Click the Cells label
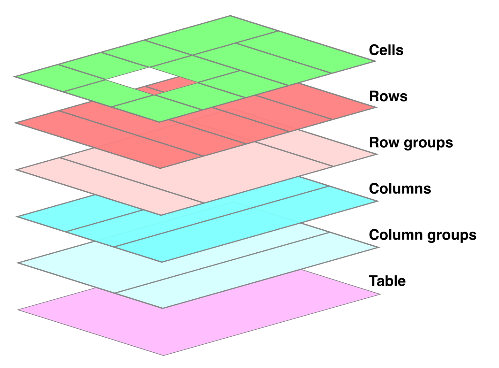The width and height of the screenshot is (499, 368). (386, 50)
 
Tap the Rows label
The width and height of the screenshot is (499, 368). (388, 96)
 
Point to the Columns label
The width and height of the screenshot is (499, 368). (400, 189)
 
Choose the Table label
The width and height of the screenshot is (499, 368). (387, 281)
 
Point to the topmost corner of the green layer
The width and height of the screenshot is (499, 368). (230, 16)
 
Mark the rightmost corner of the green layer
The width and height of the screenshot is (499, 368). (376, 61)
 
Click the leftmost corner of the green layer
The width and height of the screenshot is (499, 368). (14, 77)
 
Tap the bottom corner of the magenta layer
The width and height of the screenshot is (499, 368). (163, 355)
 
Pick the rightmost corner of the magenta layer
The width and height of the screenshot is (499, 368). (380, 294)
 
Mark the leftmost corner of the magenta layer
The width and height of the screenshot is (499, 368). (18, 309)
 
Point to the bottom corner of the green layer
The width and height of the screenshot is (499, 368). (159, 122)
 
